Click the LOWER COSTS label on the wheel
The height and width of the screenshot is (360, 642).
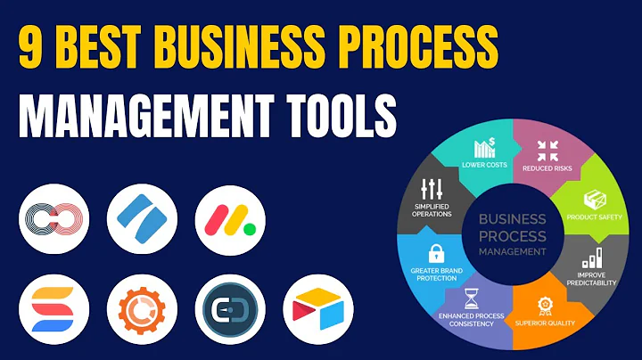pos(485,163)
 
